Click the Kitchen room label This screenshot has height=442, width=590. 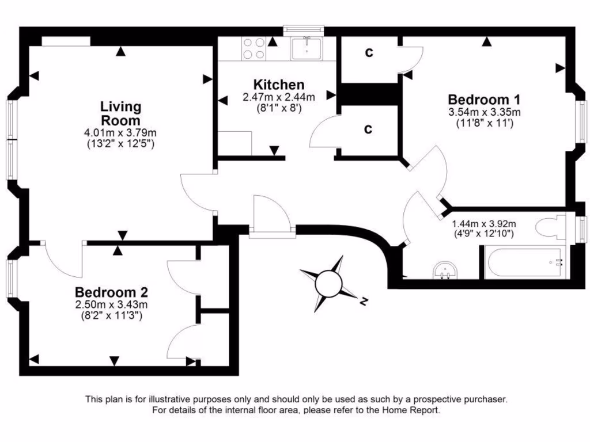279,85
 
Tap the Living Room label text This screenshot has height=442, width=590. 120,113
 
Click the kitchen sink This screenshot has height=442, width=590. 307,48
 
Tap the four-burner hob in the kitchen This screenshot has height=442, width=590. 254,48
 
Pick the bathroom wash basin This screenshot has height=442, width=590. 445,269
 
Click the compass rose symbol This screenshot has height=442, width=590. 329,283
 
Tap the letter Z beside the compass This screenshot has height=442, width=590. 363,301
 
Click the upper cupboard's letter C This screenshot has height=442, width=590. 369,53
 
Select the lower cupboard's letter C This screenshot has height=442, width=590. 369,129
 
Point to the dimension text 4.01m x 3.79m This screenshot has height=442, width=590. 120,133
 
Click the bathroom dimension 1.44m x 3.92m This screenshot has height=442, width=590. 483,224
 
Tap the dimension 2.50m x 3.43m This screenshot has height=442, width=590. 112,304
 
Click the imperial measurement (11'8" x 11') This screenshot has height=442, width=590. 484,123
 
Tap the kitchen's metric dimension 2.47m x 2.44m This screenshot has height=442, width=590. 279,97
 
